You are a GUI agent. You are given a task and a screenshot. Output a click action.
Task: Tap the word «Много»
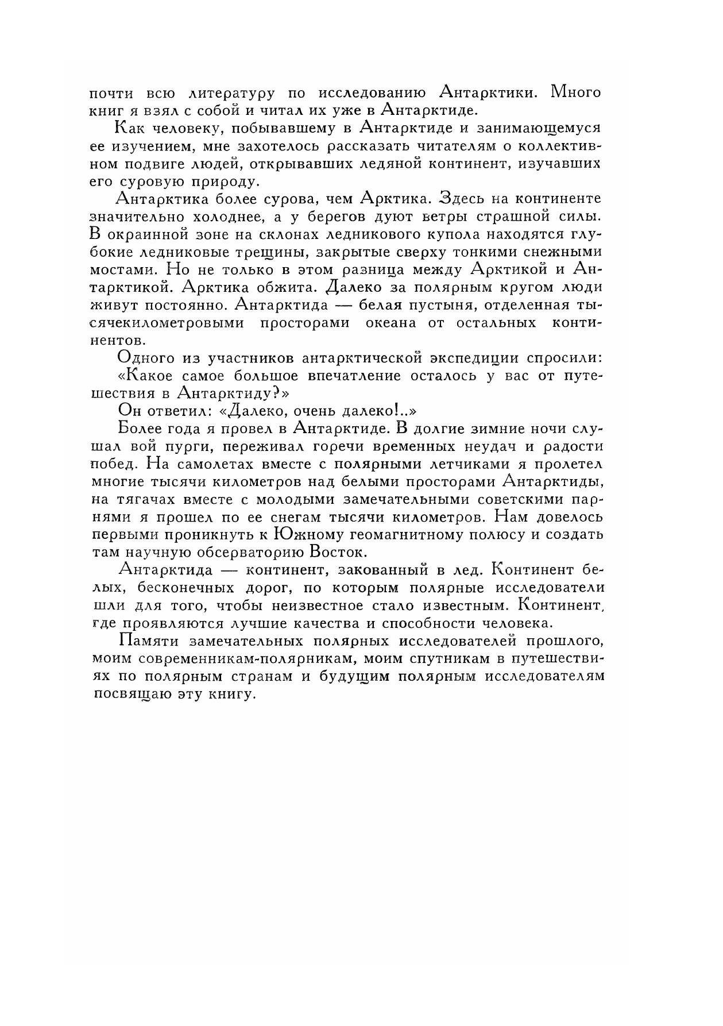coord(575,92)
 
